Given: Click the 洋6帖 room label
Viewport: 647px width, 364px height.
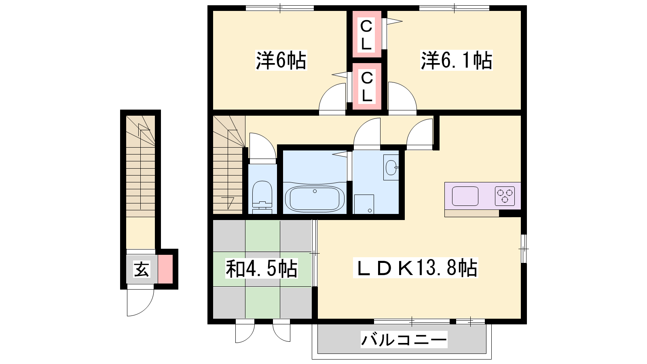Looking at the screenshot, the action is coord(281,60).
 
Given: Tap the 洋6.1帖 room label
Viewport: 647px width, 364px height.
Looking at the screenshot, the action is coord(457,60).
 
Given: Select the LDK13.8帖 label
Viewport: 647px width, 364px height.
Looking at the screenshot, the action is coord(416,268).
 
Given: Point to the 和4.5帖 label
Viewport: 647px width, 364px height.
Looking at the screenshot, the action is coord(261,269).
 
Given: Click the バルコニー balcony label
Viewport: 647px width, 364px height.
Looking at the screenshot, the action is coord(404,339).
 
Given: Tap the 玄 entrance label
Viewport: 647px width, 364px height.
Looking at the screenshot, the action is coord(142,270).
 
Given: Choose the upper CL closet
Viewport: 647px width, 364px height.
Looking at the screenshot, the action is coord(366,34).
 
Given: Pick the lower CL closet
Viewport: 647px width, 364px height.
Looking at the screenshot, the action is coord(367,87).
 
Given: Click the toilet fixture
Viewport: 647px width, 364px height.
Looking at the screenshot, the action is coord(262,197).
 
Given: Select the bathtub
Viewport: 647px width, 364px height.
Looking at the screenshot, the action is coord(315,199).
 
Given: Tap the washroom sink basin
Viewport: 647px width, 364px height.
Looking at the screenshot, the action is coord(391,167).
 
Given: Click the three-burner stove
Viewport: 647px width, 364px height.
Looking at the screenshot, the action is coord(505,196).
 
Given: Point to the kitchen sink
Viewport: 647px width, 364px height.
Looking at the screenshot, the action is coord(465,196).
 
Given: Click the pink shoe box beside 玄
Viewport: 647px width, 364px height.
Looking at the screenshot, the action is coord(165,269).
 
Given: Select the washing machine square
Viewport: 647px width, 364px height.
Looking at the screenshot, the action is coord(364,204).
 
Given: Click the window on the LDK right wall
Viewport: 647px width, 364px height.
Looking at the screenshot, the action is coord(524,249).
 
